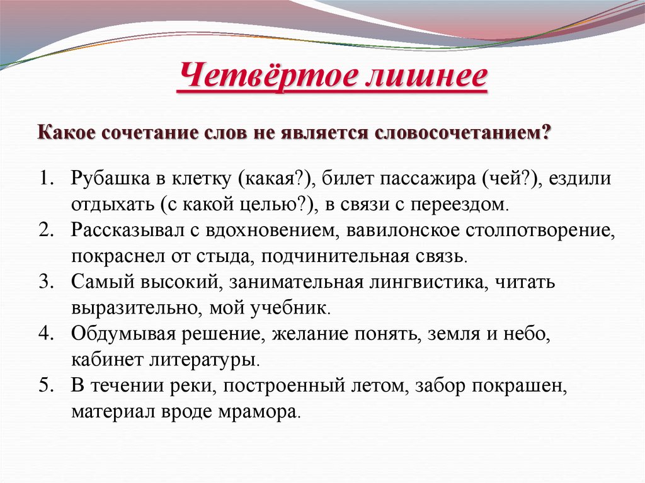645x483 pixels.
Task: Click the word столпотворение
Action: click(540, 230)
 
